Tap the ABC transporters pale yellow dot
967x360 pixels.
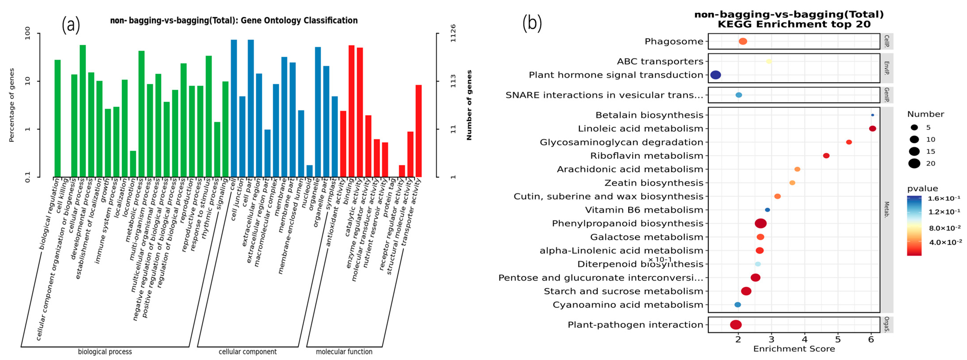click(x=769, y=61)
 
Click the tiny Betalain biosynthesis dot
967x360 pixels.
click(x=872, y=115)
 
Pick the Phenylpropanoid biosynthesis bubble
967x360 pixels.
click(x=760, y=223)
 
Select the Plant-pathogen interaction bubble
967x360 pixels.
click(x=736, y=325)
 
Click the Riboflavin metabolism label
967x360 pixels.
click(x=647, y=156)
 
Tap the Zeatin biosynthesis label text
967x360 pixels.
click(x=654, y=183)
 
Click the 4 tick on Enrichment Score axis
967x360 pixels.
click(x=804, y=339)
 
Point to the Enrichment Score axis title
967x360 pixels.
click(x=794, y=349)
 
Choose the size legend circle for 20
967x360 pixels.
click(x=914, y=163)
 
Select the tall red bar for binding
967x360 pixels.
click(x=351, y=111)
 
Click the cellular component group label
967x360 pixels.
click(x=247, y=352)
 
